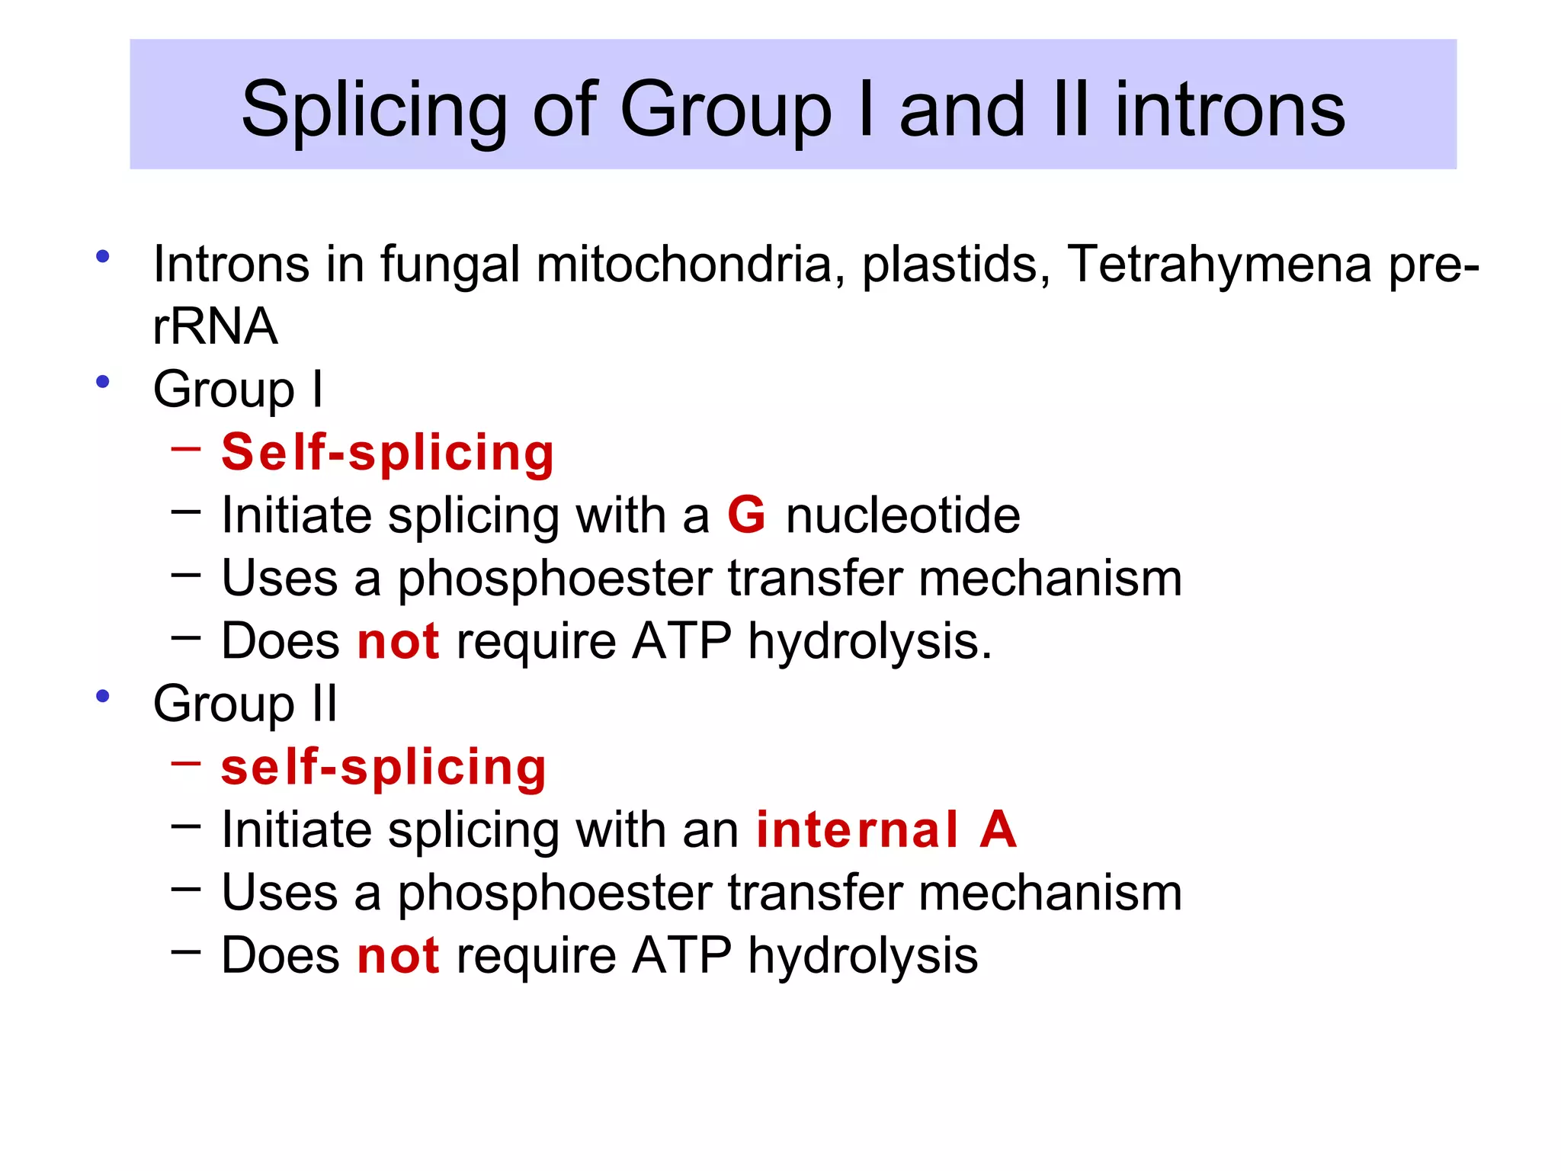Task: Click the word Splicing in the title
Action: pos(374,111)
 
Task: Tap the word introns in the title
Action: pos(1230,111)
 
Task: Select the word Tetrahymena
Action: pos(1219,265)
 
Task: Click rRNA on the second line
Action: pos(215,326)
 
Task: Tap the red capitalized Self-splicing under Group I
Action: pos(387,453)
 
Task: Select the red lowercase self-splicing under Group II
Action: pos(383,767)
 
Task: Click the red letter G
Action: pos(746,515)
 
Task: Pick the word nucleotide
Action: pos(903,515)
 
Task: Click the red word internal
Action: pos(857,829)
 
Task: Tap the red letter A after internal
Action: pos(998,829)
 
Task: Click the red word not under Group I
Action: pos(398,641)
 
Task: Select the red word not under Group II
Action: pos(398,955)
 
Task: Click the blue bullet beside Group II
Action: pos(103,695)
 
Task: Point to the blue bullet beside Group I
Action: pos(103,381)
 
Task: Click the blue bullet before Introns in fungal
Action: pos(103,256)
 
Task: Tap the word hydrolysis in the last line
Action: pos(863,955)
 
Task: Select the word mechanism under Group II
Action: pos(1050,893)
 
